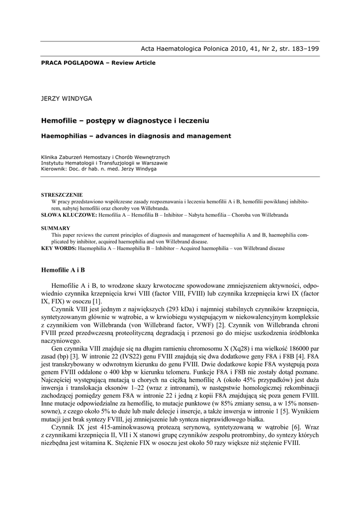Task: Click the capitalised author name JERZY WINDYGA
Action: [66, 99]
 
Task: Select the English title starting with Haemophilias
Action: [136, 136]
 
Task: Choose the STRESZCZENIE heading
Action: [62, 195]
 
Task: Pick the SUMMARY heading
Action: [55, 228]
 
